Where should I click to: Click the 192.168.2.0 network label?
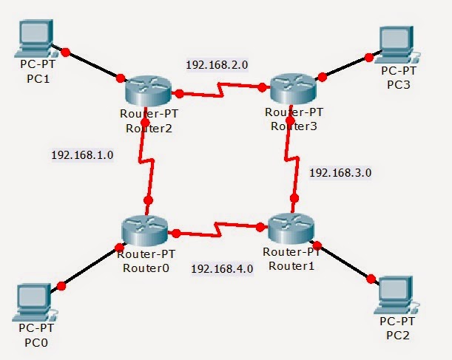click(x=217, y=65)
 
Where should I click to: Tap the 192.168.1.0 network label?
click(x=81, y=156)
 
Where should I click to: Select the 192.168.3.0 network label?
click(x=340, y=172)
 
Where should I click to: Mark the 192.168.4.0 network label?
click(x=222, y=269)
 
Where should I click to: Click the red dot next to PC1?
click(x=66, y=52)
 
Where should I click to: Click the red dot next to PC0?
click(x=61, y=285)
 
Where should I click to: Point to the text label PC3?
click(x=398, y=84)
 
